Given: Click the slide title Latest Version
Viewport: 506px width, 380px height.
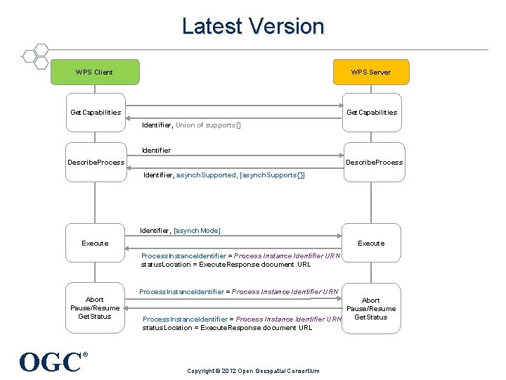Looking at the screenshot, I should tap(253, 27).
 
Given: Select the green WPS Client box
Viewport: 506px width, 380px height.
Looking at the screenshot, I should tap(95, 72).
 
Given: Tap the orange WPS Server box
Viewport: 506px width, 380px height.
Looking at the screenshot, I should tap(371, 72).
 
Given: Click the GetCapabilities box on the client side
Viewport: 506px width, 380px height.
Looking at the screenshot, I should tap(96, 113).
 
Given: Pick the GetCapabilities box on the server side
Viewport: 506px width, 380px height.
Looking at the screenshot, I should tap(371, 113).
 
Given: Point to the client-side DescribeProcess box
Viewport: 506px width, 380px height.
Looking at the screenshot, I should tap(96, 163).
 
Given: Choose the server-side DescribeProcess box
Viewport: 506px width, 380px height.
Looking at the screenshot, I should tap(371, 163).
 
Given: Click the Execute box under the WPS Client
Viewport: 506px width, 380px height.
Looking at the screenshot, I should tap(96, 243).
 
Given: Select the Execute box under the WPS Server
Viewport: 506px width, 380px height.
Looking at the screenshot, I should tap(371, 243).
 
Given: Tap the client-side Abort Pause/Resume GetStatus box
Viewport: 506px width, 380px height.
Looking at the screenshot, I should tap(96, 308).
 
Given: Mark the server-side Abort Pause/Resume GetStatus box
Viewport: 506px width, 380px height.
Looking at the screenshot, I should tap(371, 308).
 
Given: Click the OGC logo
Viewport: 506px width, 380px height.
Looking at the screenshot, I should tap(51, 362).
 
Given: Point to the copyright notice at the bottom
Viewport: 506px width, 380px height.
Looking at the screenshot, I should tap(253, 371).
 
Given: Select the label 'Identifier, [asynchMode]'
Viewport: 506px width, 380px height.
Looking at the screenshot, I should tap(181, 231).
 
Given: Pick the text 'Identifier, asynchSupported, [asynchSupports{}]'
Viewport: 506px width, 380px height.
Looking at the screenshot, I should tap(223, 175).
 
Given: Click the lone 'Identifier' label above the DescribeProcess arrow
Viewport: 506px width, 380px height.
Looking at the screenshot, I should tap(156, 150).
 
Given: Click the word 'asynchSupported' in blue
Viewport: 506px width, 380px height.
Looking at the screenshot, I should tap(206, 175).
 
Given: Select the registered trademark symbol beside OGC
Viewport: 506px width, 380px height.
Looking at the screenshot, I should tap(86, 355).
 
